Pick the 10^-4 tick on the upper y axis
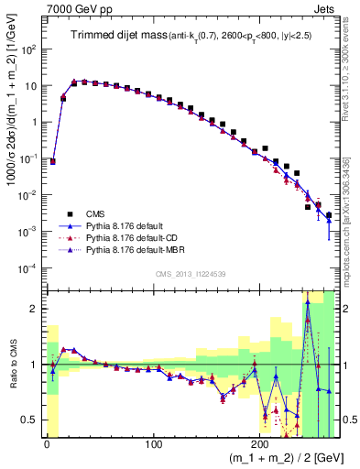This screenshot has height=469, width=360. click(x=26, y=267)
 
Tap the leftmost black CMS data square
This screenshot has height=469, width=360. click(x=53, y=161)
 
